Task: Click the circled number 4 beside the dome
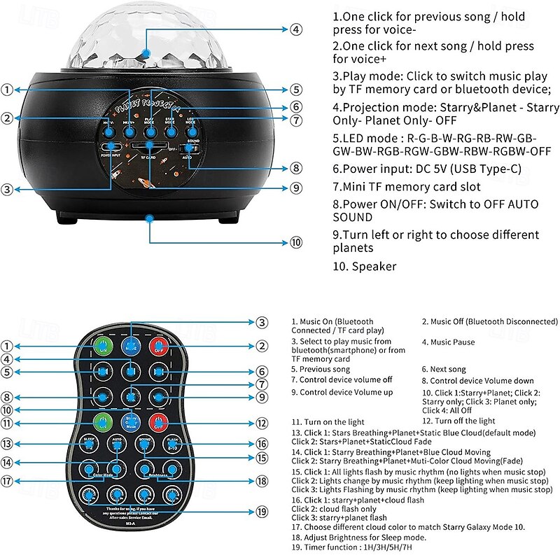(297, 29)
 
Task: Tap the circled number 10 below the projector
(297, 242)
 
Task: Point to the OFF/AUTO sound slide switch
(188, 148)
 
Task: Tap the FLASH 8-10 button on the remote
(171, 444)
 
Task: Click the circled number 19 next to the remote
(261, 512)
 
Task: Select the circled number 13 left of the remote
(7, 444)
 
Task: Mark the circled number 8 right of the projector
(297, 168)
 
